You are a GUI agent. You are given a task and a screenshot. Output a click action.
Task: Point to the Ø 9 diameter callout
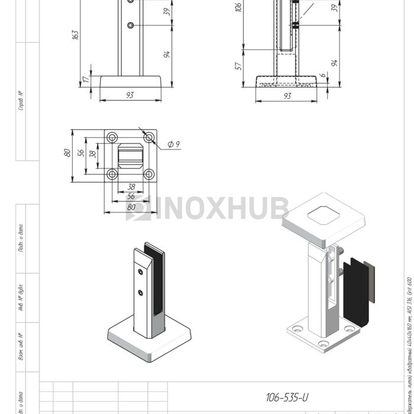coord(173,144)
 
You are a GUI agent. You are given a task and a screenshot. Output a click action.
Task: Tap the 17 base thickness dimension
coord(85,78)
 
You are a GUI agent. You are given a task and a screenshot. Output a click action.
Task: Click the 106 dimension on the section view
coord(238,7)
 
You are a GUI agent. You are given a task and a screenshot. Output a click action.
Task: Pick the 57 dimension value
coord(238,66)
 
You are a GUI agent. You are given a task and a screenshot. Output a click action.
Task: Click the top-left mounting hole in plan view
coord(111,138)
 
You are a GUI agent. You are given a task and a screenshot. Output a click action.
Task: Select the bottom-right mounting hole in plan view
coord(149,175)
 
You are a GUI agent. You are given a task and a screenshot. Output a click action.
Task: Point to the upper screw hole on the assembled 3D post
coord(140,271)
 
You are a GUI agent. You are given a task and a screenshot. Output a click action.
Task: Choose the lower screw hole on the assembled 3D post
coord(141,292)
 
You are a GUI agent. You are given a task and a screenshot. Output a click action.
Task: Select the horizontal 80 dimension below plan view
coord(131,207)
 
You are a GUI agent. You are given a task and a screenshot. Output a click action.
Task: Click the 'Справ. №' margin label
coord(21,101)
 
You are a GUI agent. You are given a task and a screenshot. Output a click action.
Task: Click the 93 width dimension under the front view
coord(130,95)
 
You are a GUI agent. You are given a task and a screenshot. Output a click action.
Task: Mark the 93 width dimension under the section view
coord(287,96)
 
